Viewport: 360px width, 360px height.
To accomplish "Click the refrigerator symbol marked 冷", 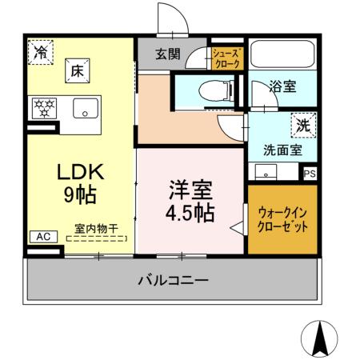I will (x=40, y=52).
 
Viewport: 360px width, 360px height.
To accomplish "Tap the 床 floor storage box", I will (x=77, y=70).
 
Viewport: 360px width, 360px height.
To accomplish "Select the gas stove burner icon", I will (x=45, y=107).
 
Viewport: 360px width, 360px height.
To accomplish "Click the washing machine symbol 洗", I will (x=304, y=124).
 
